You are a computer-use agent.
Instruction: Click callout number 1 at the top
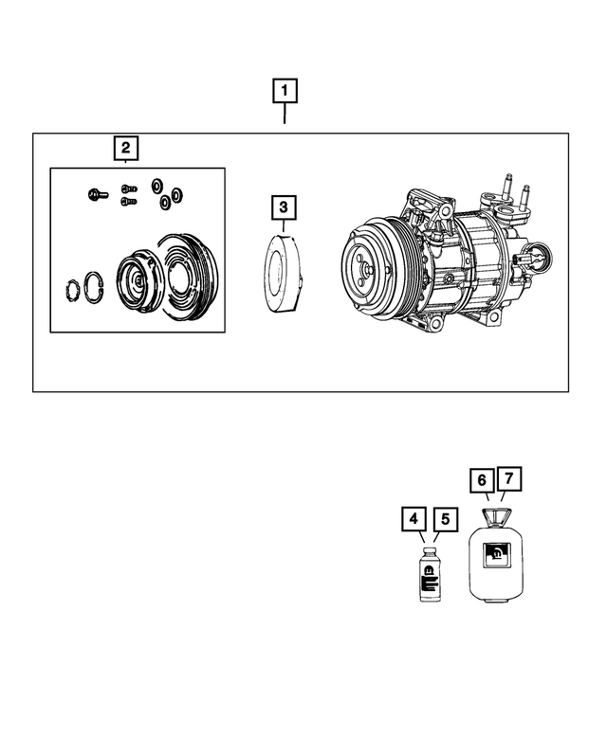(x=285, y=91)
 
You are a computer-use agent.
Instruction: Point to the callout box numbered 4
(x=413, y=519)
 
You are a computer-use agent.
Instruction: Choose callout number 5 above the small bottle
(x=443, y=519)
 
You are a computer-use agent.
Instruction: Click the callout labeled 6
(x=482, y=480)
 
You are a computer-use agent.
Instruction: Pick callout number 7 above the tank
(x=510, y=480)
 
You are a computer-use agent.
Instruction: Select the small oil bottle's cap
(x=428, y=548)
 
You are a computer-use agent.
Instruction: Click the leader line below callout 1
(x=285, y=115)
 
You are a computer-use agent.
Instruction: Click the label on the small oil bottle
(x=428, y=575)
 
